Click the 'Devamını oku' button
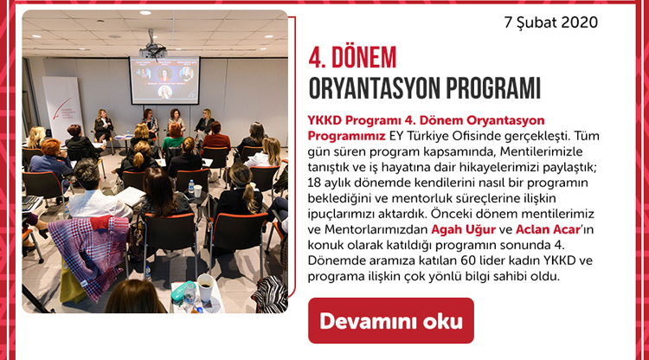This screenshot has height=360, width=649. click(391, 321)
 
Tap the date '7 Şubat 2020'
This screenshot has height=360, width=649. click(551, 22)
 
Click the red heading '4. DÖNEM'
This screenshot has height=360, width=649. click(352, 57)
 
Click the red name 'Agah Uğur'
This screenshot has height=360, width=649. click(463, 229)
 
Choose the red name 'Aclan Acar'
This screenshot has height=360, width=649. click(548, 229)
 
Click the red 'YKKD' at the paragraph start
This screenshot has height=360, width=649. click(324, 120)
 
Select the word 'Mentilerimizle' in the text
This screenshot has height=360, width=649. click(542, 151)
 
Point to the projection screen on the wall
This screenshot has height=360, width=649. click(164, 80)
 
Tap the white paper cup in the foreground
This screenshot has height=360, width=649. click(205, 287)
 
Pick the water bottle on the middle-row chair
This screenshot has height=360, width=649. click(191, 189)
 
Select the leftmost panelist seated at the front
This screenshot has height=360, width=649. click(102, 124)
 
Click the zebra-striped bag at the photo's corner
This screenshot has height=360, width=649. click(270, 294)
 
